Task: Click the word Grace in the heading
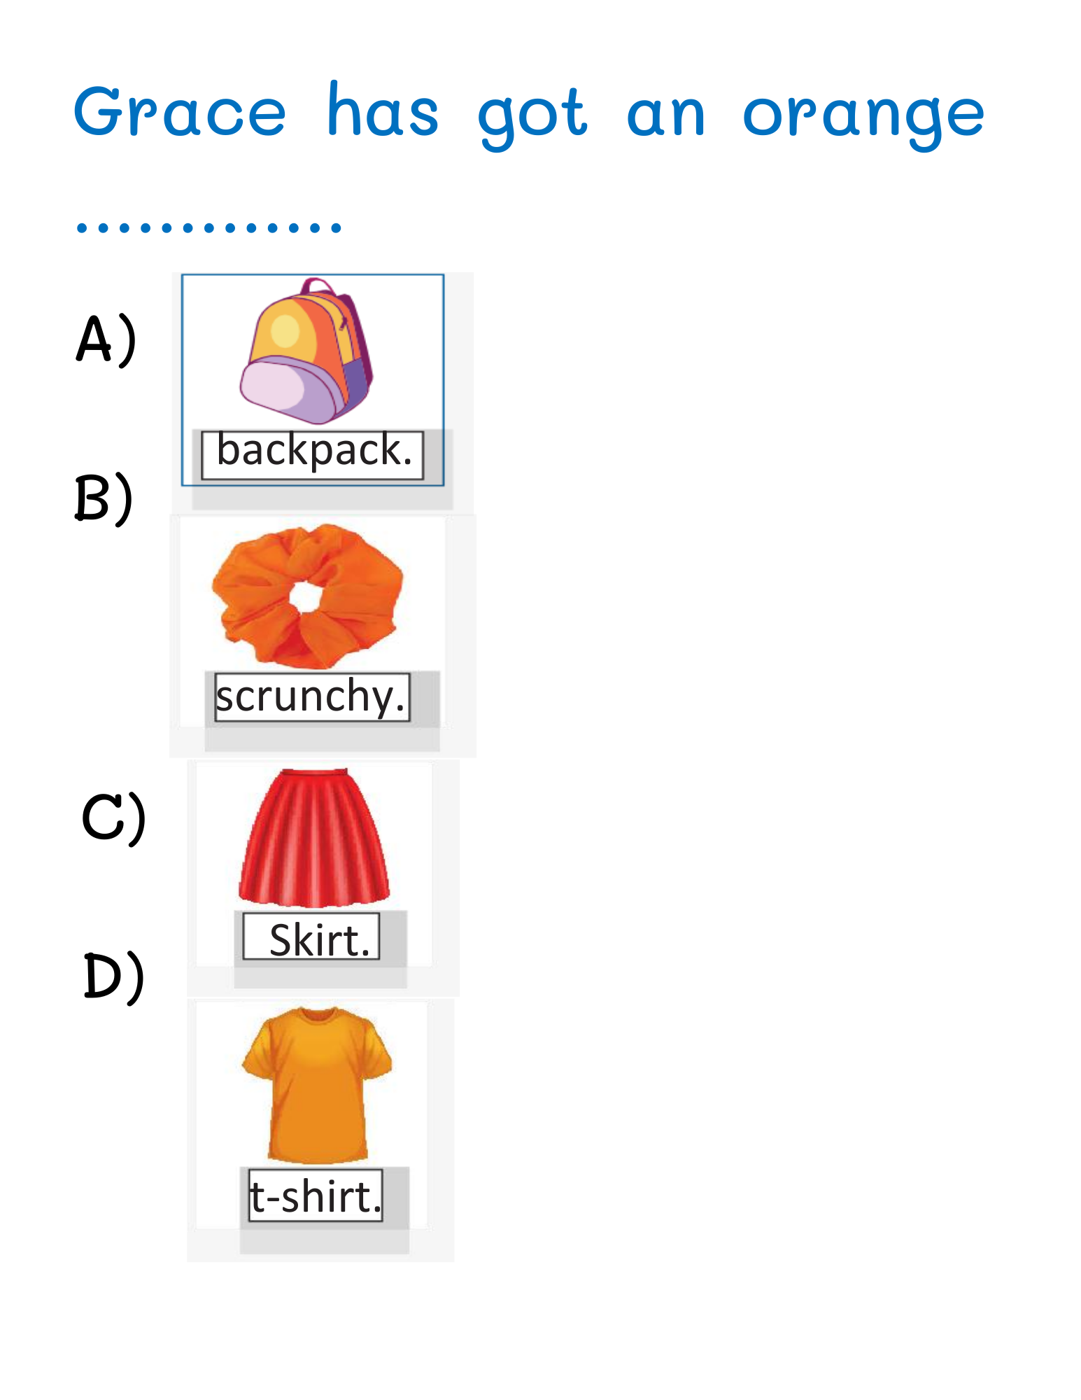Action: click(180, 112)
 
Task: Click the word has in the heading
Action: click(383, 111)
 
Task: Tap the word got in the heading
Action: click(532, 115)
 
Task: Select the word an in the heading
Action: click(665, 115)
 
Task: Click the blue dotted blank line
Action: click(209, 227)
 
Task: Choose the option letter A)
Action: click(106, 340)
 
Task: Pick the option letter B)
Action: click(104, 498)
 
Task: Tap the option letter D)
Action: click(114, 977)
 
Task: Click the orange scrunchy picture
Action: click(308, 596)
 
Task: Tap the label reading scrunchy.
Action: click(311, 697)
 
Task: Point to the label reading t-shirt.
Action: click(316, 1196)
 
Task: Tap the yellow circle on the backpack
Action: click(285, 330)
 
